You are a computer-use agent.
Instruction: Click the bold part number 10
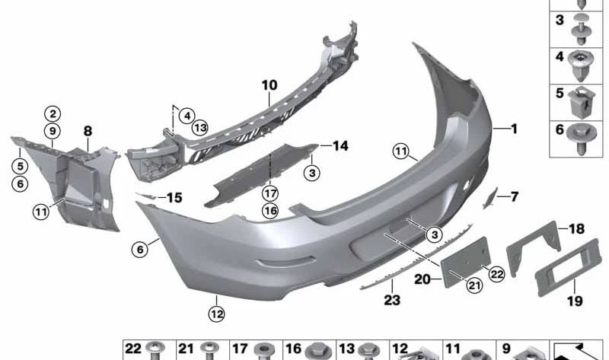(x=269, y=85)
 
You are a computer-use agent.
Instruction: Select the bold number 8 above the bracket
(x=88, y=131)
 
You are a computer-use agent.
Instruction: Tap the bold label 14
(x=340, y=145)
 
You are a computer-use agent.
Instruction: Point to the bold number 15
(x=174, y=198)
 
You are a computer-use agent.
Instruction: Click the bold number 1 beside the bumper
(x=515, y=129)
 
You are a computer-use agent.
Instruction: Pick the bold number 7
(x=515, y=196)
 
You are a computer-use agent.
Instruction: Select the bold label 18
(x=577, y=229)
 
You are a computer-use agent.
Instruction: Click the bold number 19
(x=575, y=301)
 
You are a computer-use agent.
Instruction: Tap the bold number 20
(x=422, y=279)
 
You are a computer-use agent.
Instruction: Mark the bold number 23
(x=392, y=300)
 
